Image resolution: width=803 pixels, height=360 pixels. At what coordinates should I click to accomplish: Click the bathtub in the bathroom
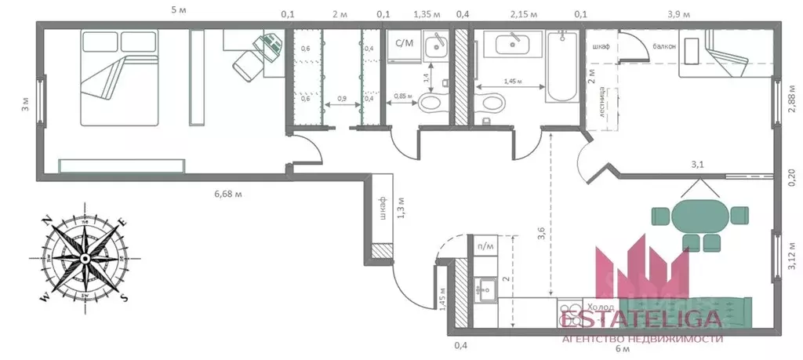(x=562, y=69)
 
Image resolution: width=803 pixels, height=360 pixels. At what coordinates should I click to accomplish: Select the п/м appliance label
(x=485, y=247)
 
